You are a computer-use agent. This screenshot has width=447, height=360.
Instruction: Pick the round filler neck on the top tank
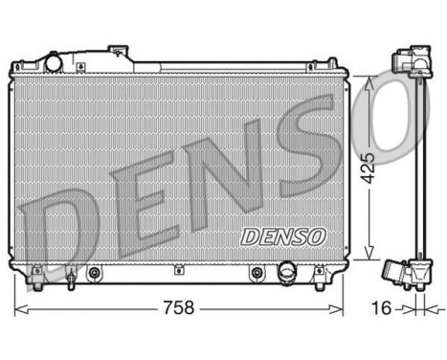coord(54,62)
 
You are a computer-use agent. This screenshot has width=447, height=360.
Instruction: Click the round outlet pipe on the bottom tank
coord(285,275)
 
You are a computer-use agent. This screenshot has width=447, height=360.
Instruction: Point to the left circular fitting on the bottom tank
coord(94,274)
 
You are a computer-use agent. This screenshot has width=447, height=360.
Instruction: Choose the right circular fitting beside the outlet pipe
coord(256,274)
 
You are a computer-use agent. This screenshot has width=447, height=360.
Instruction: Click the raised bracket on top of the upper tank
coord(118,52)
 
